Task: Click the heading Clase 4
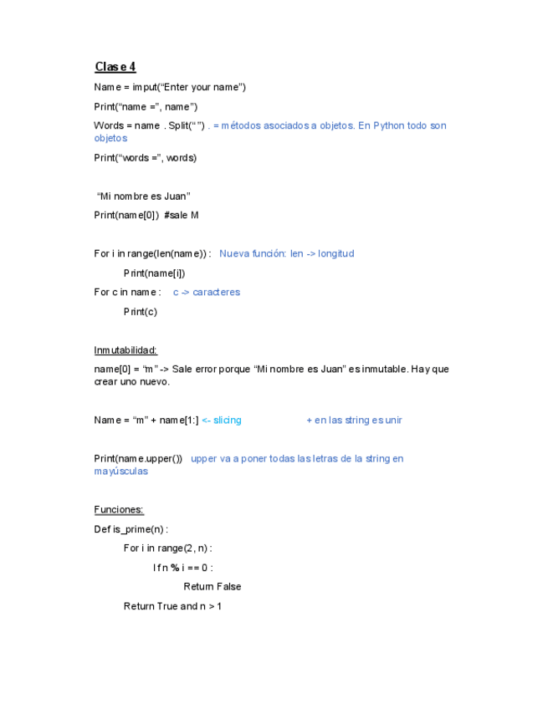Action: [115, 67]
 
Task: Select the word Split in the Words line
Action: [179, 125]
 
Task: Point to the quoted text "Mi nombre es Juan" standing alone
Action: [144, 196]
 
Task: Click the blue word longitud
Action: [335, 253]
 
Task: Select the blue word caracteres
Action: [216, 292]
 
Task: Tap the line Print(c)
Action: [141, 312]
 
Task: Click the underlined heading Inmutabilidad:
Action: [125, 350]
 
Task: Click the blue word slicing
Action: [227, 420]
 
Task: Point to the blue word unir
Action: [393, 420]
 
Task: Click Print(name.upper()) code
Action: [138, 458]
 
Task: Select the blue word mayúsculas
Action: [121, 471]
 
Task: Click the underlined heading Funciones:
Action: [119, 509]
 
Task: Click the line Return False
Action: [213, 586]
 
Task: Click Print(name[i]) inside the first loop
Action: [155, 273]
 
